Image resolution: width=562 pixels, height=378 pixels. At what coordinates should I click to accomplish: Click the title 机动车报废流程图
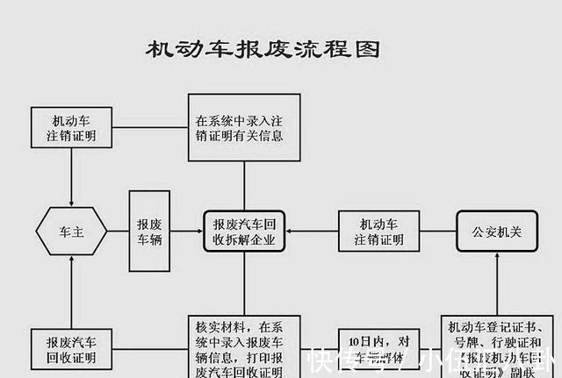point(263,49)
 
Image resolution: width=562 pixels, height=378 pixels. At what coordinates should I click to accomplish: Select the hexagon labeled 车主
point(71,232)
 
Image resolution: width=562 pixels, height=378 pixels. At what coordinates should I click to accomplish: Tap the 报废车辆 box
point(148,232)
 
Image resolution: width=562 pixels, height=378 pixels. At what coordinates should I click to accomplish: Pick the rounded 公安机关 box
point(496,232)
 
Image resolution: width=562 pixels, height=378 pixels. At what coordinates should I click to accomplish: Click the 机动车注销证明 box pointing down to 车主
point(71,128)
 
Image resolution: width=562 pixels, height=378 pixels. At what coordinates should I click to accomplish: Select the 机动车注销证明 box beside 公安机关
point(378,232)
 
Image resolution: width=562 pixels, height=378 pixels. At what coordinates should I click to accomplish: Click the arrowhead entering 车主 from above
point(71,199)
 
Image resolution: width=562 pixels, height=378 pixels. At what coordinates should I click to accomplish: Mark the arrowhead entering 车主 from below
point(71,264)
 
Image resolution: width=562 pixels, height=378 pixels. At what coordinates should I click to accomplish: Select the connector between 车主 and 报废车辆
point(119,232)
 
